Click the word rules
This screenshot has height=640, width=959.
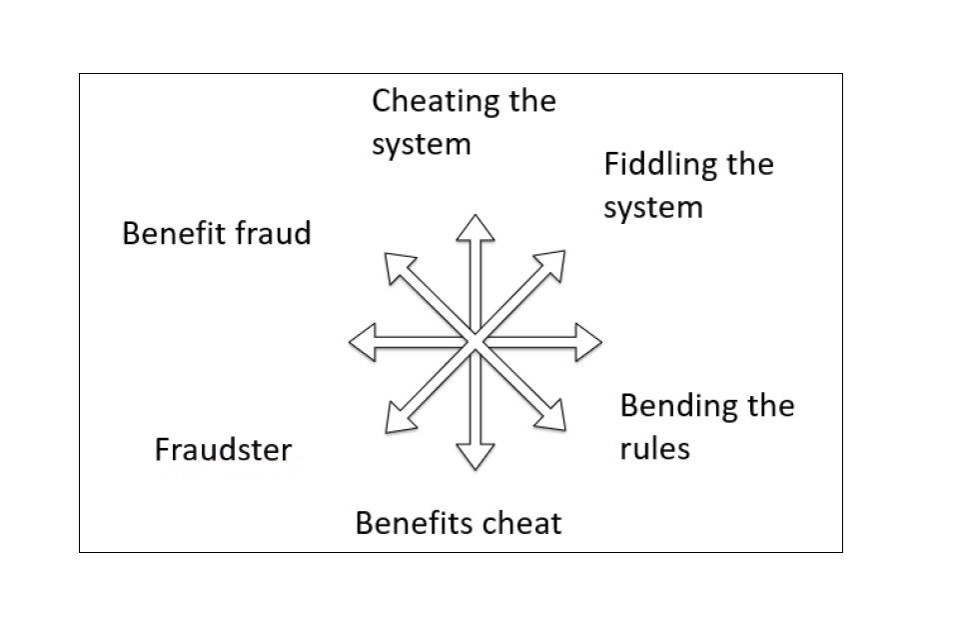(654, 448)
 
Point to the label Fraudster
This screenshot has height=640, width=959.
(223, 450)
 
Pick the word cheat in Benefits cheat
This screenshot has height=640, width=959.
(522, 522)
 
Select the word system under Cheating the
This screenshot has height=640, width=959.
(421, 145)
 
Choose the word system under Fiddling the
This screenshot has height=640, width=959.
(653, 208)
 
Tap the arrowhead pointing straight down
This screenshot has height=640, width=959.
(476, 456)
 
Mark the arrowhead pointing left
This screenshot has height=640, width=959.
(362, 342)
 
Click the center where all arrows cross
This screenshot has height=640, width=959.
(476, 342)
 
